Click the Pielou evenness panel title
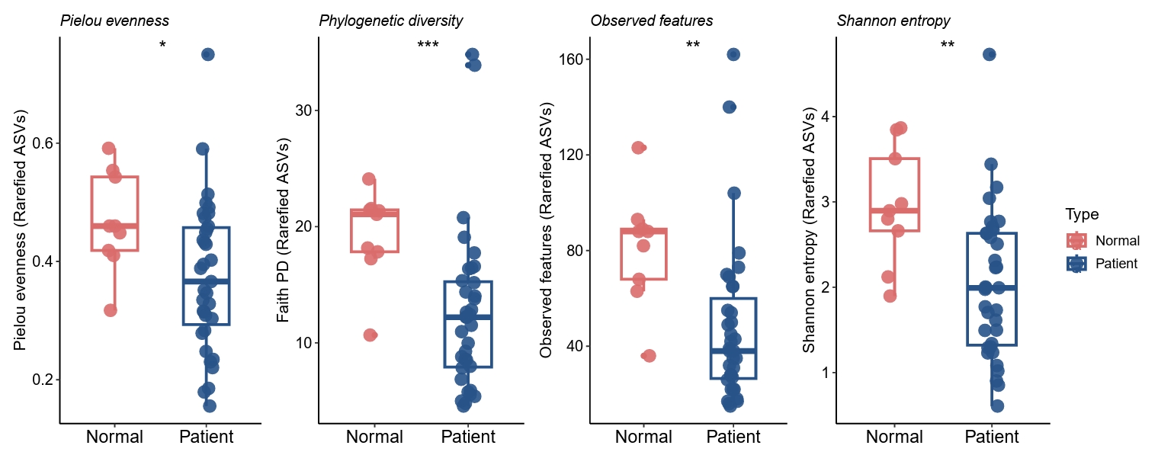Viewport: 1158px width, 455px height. click(x=114, y=21)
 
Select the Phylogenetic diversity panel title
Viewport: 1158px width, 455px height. click(x=390, y=21)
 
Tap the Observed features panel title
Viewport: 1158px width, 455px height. click(x=651, y=21)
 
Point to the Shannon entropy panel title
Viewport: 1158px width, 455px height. click(x=893, y=21)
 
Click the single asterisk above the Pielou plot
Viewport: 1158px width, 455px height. click(x=162, y=46)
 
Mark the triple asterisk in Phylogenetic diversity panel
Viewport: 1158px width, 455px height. click(x=428, y=46)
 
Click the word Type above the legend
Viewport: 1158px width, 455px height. click(x=1082, y=214)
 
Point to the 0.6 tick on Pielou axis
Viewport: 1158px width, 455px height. click(x=40, y=143)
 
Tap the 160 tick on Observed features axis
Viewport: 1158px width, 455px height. click(x=569, y=59)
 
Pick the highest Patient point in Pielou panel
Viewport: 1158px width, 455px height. click(x=207, y=54)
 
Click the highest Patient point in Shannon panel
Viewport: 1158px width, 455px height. click(x=990, y=54)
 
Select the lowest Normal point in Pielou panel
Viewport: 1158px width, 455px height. click(x=111, y=310)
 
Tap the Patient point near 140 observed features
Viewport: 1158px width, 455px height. click(x=730, y=107)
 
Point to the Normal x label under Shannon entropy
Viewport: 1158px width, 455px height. click(x=894, y=437)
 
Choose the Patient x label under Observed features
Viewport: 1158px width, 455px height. click(x=733, y=437)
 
